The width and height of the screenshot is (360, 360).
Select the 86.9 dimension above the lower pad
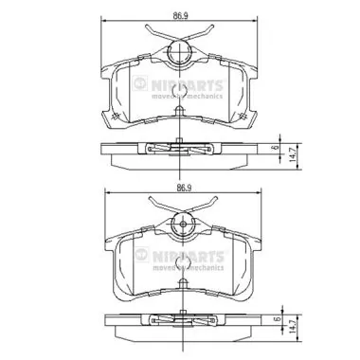tap(178, 189)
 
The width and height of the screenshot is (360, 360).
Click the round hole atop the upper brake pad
tap(178, 54)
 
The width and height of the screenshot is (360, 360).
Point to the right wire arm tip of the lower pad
tap(223, 202)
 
